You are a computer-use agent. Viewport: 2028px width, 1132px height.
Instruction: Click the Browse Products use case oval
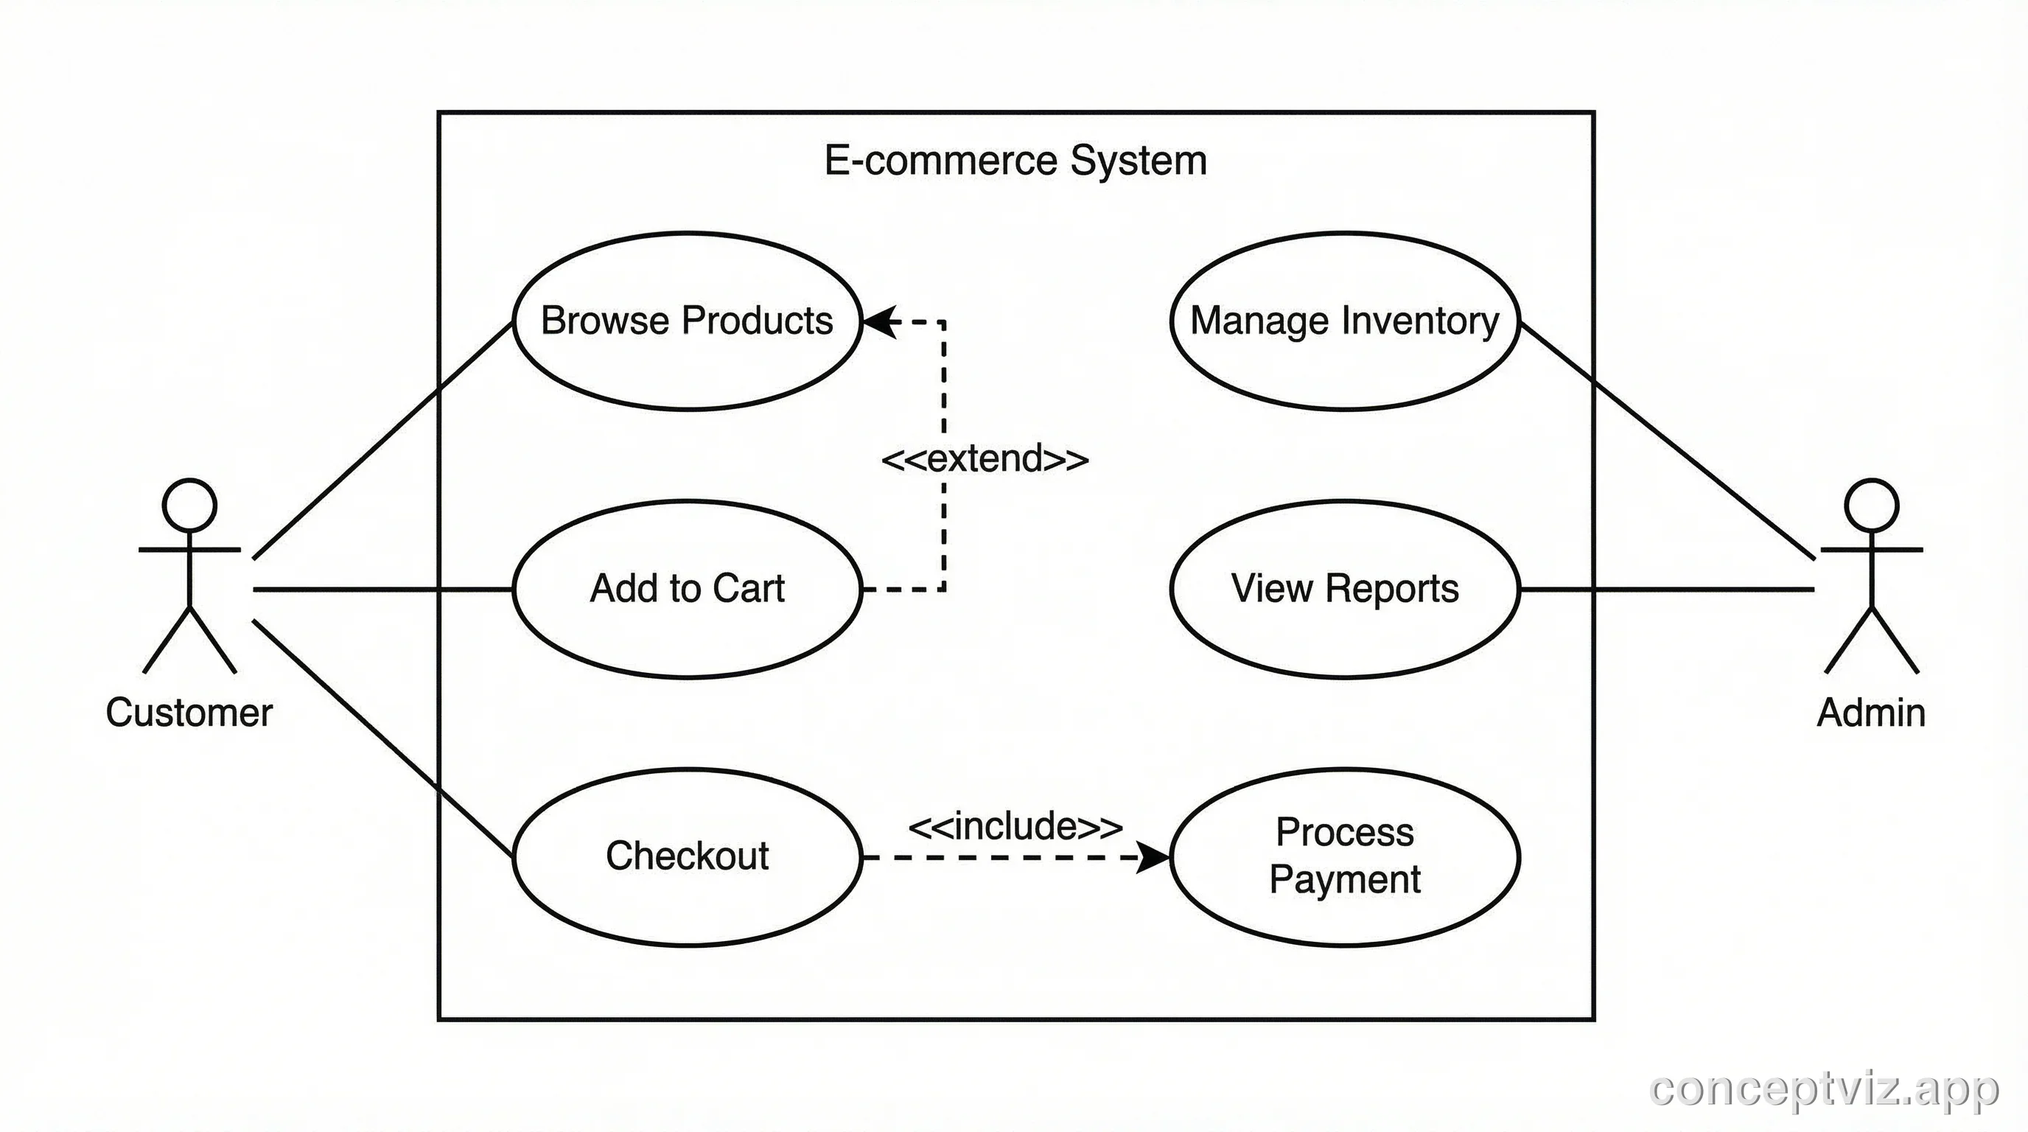point(687,321)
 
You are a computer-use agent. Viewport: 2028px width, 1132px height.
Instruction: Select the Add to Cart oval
point(687,588)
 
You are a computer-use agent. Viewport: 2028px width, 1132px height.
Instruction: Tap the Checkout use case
point(687,856)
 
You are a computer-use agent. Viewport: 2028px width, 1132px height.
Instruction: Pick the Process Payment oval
point(1345,856)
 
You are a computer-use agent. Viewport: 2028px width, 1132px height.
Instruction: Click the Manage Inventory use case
point(1345,321)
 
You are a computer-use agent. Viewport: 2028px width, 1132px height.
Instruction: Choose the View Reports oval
point(1345,588)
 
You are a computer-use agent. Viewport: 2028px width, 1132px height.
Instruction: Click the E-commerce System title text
point(1015,161)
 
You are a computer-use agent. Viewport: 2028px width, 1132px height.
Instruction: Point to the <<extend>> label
point(985,459)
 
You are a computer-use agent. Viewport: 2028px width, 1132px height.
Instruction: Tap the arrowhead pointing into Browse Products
point(880,321)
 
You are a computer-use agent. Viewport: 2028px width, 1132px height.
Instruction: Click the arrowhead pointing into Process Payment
point(1154,857)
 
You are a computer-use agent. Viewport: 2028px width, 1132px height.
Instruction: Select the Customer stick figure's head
point(189,505)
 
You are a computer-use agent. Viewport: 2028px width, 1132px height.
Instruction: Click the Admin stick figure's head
point(1871,505)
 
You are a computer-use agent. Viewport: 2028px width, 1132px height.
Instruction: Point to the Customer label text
point(189,713)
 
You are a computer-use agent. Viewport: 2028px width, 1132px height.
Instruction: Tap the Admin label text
point(1871,713)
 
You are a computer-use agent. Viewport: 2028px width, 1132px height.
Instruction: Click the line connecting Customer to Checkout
point(382,738)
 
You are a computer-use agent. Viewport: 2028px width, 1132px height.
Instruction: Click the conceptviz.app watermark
point(1823,1089)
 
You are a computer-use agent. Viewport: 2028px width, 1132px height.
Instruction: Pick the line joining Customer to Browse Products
point(382,441)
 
